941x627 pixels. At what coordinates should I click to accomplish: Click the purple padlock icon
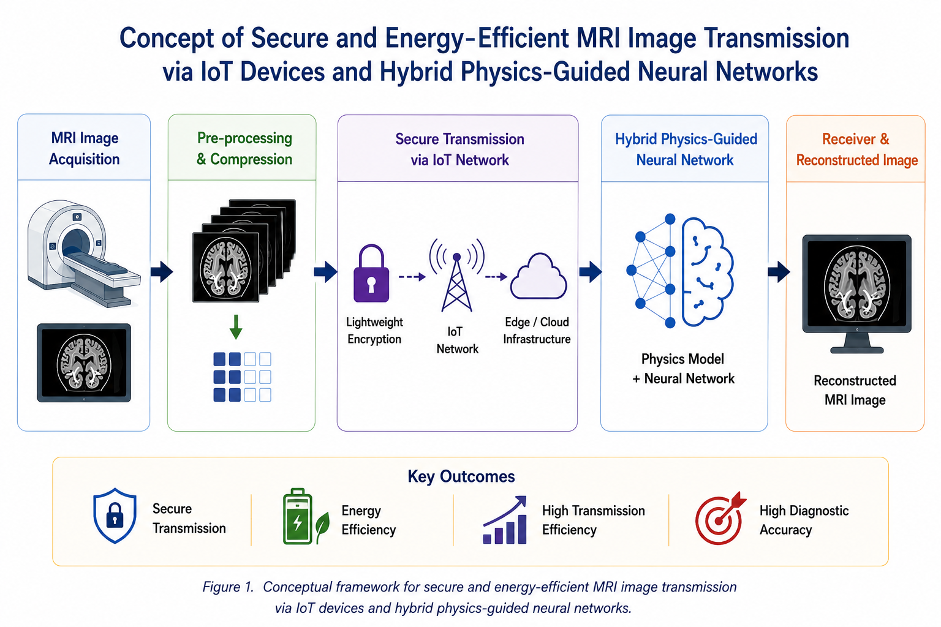point(371,277)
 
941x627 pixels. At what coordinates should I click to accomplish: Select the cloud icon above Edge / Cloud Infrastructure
point(539,276)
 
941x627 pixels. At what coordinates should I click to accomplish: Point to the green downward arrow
point(236,327)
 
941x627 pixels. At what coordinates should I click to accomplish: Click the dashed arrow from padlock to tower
point(412,277)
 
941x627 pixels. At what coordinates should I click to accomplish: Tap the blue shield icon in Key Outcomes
point(115,516)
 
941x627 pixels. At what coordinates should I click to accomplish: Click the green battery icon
point(298,517)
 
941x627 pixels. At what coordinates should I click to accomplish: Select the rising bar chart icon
point(505,520)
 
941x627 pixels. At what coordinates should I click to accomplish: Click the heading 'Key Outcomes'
point(461,476)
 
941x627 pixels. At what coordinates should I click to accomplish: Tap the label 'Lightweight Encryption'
point(374,331)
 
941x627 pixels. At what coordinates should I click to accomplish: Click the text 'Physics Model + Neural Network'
point(683,369)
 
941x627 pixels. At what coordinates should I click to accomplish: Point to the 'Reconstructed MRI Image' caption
point(855,390)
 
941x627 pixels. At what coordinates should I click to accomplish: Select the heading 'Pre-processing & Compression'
point(244,149)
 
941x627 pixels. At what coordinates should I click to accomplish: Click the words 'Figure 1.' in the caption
point(228,587)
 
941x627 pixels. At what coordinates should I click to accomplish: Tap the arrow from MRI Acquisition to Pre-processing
point(162,271)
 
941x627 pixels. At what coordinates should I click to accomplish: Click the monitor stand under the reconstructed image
point(857,344)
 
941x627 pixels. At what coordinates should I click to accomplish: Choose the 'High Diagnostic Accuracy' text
point(804,520)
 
